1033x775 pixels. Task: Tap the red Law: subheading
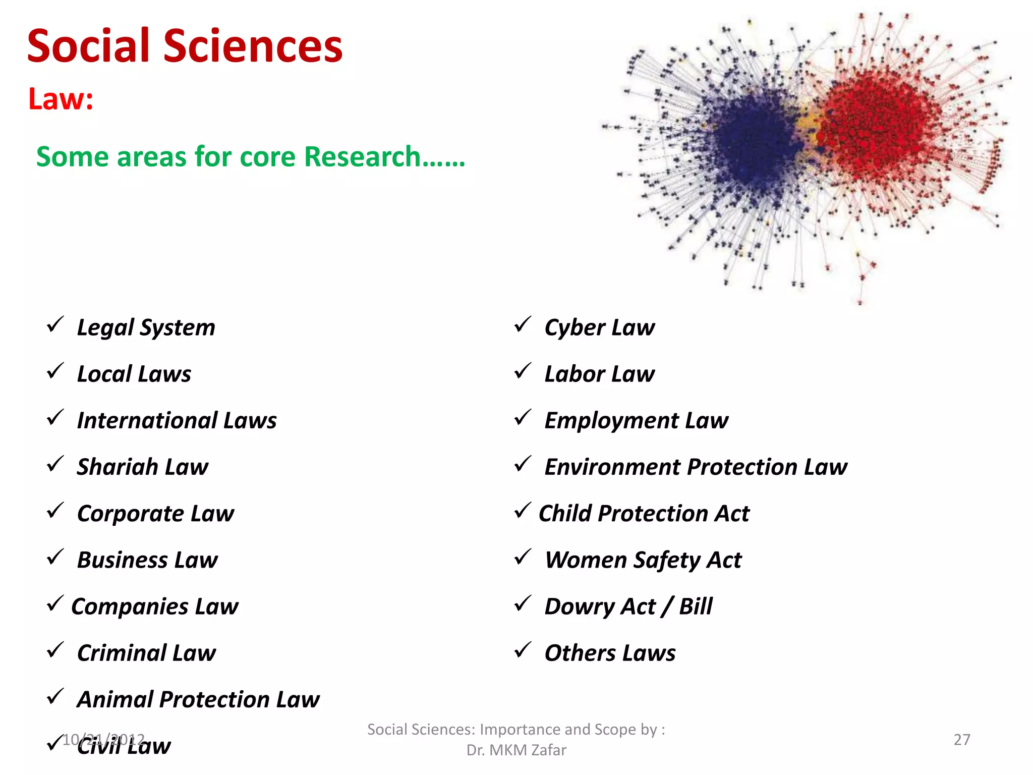point(61,99)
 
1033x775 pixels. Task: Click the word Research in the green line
point(362,156)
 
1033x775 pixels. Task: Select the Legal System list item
point(146,328)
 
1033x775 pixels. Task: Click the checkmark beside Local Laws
point(54,371)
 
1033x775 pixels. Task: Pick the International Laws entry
point(177,421)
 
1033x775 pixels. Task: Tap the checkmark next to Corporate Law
point(54,511)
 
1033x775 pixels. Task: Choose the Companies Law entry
point(154,606)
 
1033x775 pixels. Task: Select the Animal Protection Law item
point(198,700)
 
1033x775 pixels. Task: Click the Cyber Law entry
point(599,328)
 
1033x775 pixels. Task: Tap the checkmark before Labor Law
point(523,371)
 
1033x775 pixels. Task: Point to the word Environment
point(612,467)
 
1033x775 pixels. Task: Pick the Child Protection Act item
point(644,514)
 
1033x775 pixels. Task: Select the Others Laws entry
point(609,653)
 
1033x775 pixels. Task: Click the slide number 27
point(961,740)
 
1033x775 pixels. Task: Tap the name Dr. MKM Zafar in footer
point(516,750)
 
